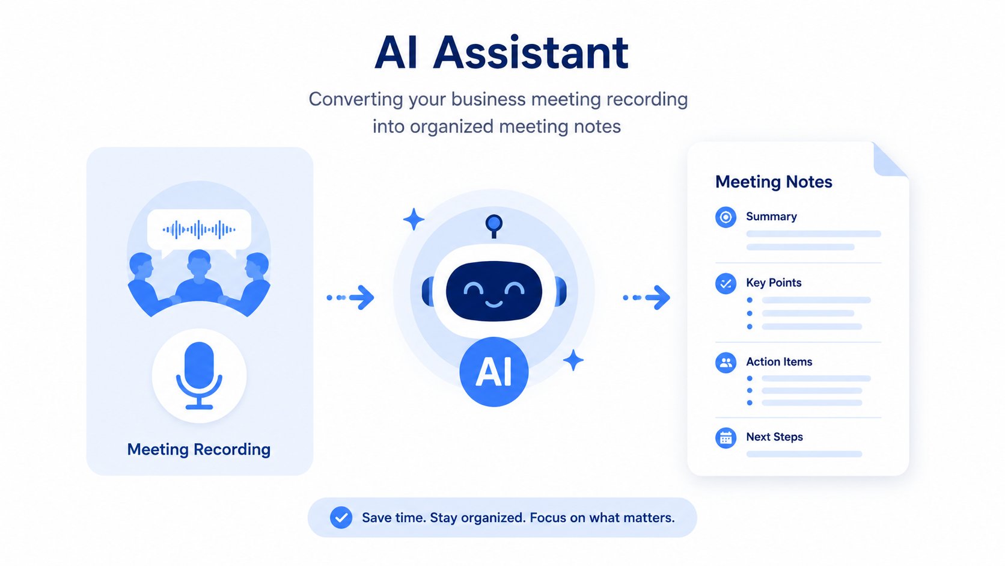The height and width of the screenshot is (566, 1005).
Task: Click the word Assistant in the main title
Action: coord(531,52)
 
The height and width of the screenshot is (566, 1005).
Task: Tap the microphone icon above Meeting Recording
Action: coord(199,375)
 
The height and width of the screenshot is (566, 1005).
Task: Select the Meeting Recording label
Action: coord(199,449)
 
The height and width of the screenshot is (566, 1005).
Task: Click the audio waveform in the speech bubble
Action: coord(199,229)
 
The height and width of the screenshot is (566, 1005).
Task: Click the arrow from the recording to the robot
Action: coord(350,297)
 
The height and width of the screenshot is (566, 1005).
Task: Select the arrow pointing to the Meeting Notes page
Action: coord(647,297)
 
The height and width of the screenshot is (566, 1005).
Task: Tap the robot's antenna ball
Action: coord(494,223)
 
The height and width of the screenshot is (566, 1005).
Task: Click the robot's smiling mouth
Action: coord(494,304)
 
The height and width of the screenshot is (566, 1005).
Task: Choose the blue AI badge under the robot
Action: coord(494,372)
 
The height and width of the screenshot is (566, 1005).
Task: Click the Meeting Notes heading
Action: coord(774,182)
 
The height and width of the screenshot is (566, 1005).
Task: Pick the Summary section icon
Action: coord(725,217)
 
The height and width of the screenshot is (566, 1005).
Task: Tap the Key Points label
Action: coord(774,283)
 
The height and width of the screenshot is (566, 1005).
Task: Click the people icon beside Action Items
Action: coord(725,362)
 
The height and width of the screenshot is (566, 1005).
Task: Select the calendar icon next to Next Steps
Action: coord(725,438)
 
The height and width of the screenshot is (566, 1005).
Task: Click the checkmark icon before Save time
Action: coord(341,517)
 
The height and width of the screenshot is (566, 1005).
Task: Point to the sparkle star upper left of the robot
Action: coord(414,219)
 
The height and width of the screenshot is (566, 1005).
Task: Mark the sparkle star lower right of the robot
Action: coord(573,360)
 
